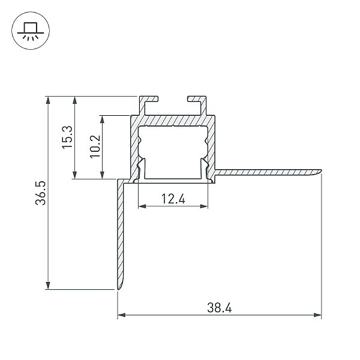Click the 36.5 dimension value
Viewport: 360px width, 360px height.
tap(41, 193)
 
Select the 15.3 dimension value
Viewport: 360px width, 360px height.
tap(67, 137)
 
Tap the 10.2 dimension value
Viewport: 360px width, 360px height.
tap(95, 146)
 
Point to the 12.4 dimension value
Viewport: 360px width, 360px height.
tap(173, 199)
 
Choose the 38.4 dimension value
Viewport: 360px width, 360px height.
tap(220, 308)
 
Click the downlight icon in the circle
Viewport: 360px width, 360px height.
tap(31, 31)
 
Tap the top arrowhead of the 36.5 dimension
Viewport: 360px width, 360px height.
tap(48, 100)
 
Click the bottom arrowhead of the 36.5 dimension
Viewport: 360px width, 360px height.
tap(48, 286)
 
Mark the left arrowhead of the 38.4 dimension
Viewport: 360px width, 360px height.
tap(121, 315)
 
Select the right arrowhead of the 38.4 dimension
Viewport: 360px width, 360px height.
tap(317, 315)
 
